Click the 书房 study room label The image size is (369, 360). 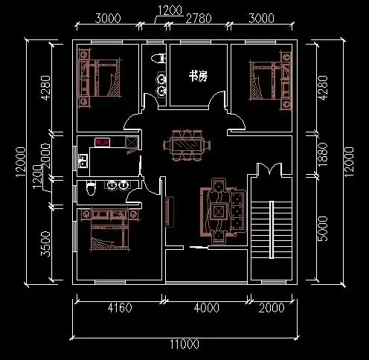pyautogui.click(x=198, y=76)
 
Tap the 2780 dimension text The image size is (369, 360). pyautogui.click(x=199, y=19)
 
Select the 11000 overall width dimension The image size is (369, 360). pyautogui.click(x=184, y=344)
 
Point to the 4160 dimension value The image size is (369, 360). pyautogui.click(x=120, y=308)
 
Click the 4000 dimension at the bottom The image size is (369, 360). pyautogui.click(x=207, y=308)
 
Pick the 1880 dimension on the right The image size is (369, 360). pyautogui.click(x=323, y=154)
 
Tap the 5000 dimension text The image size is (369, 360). pyautogui.click(x=323, y=228)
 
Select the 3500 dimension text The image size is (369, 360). pyautogui.click(x=46, y=243)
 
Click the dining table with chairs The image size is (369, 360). pyautogui.click(x=187, y=145)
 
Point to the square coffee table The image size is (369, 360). pyautogui.click(x=218, y=211)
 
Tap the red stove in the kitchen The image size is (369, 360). pyautogui.click(x=103, y=142)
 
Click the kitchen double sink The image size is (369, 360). pyautogui.click(x=83, y=161)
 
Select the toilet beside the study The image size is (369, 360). pyautogui.click(x=158, y=59)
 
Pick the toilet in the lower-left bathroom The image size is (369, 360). pyautogui.click(x=91, y=188)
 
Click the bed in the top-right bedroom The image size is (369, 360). pyautogui.click(x=271, y=80)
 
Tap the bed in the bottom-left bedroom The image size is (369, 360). pyautogui.click(x=110, y=228)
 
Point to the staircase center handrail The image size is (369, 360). pyautogui.click(x=272, y=230)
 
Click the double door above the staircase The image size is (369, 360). pyautogui.click(x=269, y=169)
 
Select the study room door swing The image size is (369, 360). pyautogui.click(x=216, y=99)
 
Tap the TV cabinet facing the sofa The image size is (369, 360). pyautogui.click(x=170, y=212)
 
